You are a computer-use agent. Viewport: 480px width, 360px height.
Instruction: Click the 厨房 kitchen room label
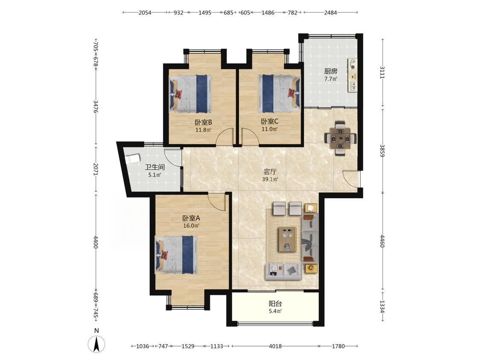(331, 71)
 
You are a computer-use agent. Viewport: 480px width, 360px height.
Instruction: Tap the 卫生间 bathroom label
(155, 167)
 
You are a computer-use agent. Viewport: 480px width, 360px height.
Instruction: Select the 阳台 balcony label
(275, 304)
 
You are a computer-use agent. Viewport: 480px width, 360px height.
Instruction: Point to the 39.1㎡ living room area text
(270, 180)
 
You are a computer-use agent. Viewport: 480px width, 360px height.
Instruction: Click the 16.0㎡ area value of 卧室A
(191, 226)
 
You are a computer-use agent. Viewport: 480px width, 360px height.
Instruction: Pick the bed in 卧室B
(190, 93)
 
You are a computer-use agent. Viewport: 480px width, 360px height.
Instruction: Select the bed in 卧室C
(279, 93)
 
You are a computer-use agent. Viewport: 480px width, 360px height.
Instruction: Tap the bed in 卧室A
(176, 254)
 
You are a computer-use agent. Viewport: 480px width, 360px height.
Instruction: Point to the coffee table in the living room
(287, 239)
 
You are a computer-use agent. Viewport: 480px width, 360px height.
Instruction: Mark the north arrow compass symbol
(97, 344)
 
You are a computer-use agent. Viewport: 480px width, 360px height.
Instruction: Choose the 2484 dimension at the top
(330, 12)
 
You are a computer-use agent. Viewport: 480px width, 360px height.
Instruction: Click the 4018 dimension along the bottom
(275, 346)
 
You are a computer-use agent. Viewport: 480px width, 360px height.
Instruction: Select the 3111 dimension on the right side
(382, 72)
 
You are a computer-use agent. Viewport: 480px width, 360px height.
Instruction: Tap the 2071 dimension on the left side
(96, 169)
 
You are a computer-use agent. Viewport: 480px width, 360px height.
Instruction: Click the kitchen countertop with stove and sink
(352, 75)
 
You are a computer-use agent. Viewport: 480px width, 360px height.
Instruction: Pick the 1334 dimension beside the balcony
(382, 306)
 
